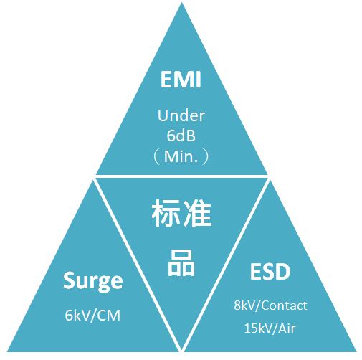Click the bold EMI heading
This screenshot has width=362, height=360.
181,79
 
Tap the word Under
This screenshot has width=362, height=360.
181,115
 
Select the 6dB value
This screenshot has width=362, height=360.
181,136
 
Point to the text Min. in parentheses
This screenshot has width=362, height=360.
181,156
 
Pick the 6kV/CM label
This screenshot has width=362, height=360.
92,315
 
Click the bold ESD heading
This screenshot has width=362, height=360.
270,272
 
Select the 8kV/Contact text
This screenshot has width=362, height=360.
270,305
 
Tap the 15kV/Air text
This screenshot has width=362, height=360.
270,328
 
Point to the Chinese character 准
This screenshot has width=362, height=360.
197,213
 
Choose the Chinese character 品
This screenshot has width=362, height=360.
181,262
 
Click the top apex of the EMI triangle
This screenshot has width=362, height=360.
181,2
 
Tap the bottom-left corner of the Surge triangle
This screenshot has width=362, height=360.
7,351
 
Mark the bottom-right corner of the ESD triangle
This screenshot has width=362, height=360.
356,351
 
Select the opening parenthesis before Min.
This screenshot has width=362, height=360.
157,157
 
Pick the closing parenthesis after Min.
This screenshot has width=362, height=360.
205,157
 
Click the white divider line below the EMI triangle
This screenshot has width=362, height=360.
181,176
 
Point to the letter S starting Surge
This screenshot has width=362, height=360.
69,280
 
